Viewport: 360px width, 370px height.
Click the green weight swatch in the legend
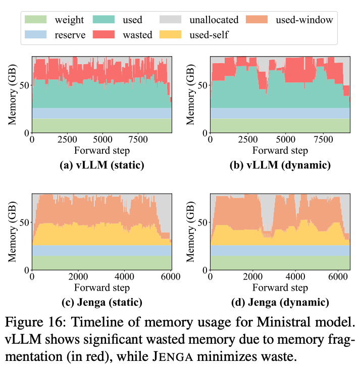[35, 20]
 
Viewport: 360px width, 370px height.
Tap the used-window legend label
[304, 20]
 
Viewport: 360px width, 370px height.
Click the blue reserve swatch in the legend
[35, 34]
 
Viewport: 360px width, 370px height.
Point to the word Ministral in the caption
[271, 321]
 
